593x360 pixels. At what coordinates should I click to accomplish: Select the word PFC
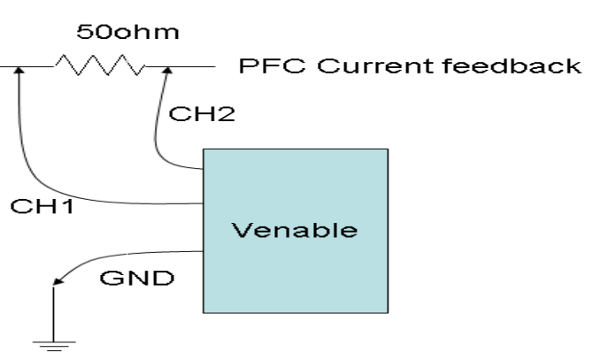pyautogui.click(x=263, y=66)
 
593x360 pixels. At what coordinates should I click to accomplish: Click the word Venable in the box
pyautogui.click(x=295, y=231)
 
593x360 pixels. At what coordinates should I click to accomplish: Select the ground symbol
pyautogui.click(x=54, y=343)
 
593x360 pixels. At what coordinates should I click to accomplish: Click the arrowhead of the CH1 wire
pyautogui.click(x=19, y=72)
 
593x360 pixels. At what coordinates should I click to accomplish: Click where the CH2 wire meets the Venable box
pyautogui.click(x=204, y=165)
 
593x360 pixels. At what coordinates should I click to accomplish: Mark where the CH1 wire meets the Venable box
pyautogui.click(x=204, y=203)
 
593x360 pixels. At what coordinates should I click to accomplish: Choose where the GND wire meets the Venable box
pyautogui.click(x=204, y=250)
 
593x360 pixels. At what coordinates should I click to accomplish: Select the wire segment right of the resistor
pyautogui.click(x=190, y=66)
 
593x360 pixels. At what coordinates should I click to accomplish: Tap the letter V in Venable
pyautogui.click(x=239, y=231)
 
